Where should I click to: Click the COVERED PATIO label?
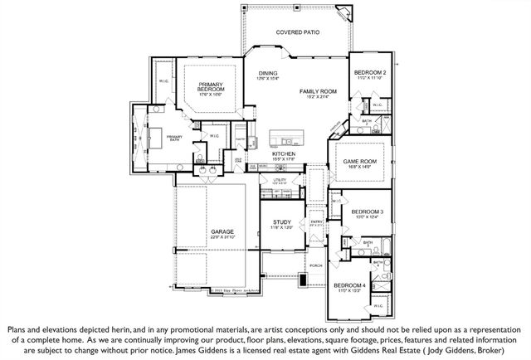click(x=297, y=32)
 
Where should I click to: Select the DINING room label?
click(x=267, y=73)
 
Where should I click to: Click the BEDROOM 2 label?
click(x=371, y=73)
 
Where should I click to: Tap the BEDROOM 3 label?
click(x=368, y=212)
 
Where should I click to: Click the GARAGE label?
click(x=222, y=231)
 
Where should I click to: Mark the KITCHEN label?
click(x=285, y=154)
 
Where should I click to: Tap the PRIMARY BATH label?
click(x=175, y=138)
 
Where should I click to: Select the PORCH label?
click(x=315, y=266)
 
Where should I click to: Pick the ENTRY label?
click(x=316, y=221)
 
